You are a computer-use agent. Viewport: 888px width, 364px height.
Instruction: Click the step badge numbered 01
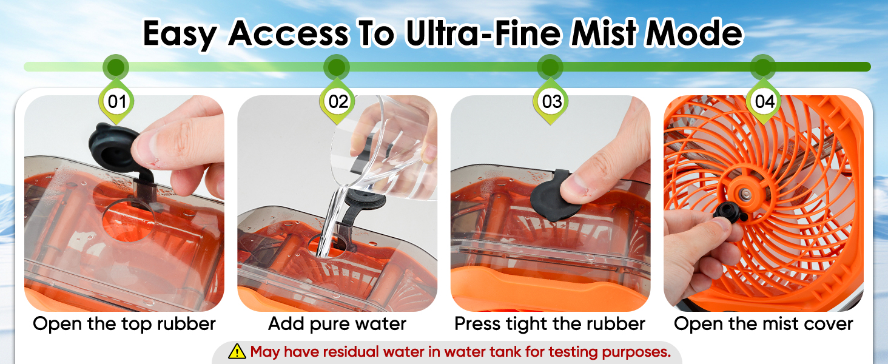(x=116, y=101)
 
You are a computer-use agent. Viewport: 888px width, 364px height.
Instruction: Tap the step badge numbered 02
(x=337, y=101)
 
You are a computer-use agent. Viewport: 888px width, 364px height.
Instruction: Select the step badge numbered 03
(x=550, y=101)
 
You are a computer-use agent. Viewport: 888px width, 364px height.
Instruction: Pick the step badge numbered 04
(x=764, y=101)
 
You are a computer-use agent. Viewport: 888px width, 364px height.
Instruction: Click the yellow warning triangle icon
(x=237, y=351)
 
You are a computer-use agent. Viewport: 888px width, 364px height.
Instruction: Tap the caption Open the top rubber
(x=124, y=324)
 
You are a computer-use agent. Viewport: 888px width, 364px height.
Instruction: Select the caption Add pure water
(x=337, y=324)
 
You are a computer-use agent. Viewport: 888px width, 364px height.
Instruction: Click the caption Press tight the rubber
(x=550, y=324)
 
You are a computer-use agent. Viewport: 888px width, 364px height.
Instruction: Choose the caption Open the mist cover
(x=764, y=324)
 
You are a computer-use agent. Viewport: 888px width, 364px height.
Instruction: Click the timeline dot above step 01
(x=116, y=67)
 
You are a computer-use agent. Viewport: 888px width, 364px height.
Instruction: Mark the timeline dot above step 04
(x=763, y=67)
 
